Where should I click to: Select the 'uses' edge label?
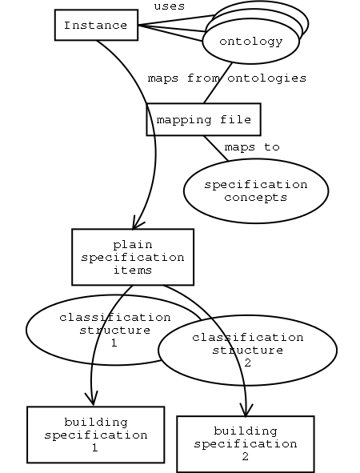[x=170, y=6]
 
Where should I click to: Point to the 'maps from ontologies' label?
[x=227, y=78]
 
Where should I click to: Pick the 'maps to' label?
[x=252, y=147]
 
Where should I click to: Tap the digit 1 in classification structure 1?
[x=114, y=343]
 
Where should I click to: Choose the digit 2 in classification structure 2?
[x=247, y=363]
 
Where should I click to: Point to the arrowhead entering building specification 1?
[x=93, y=399]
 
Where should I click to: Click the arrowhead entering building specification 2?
[x=246, y=411]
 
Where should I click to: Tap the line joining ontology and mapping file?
[x=218, y=83]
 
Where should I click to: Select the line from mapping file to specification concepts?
[x=216, y=148]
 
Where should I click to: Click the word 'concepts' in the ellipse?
[x=256, y=198]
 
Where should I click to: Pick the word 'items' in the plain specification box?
[x=133, y=270]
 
